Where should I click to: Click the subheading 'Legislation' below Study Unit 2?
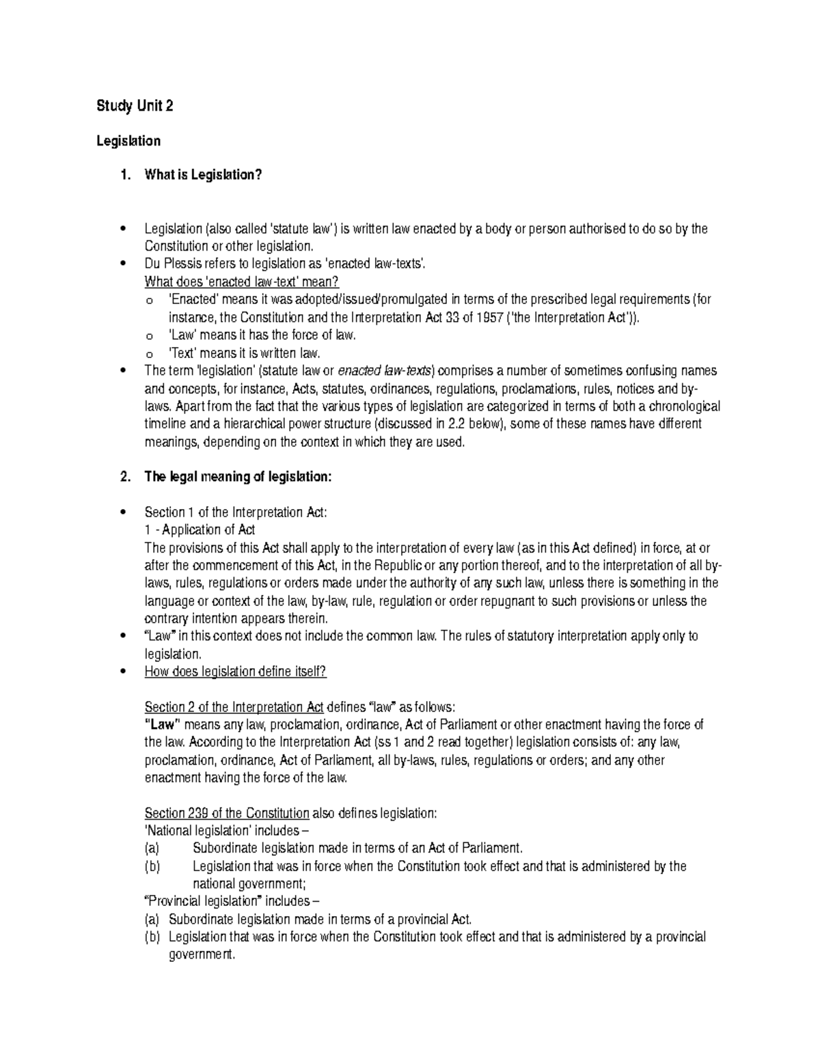point(128,141)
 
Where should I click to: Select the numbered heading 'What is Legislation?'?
point(203,176)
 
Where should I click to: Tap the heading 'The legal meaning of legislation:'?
point(238,478)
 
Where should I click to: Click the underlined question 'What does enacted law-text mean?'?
point(242,282)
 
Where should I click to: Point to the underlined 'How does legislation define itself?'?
point(236,672)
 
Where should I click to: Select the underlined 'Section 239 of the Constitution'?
point(227,814)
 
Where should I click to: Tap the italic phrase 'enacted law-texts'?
point(386,371)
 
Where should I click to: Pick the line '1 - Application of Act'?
point(200,530)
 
